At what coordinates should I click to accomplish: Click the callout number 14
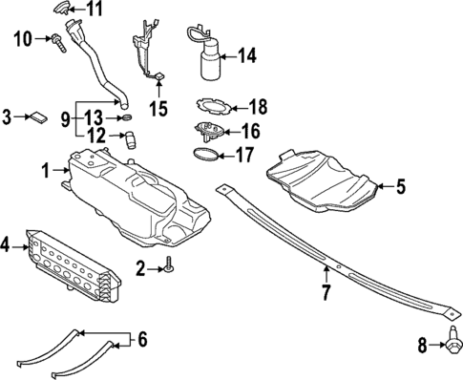coord(247,56)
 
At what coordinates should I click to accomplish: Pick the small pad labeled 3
coord(39,117)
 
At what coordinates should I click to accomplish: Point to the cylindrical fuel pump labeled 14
coord(208,61)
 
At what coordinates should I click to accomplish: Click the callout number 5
coord(401,187)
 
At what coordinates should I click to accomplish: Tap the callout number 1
coord(45,170)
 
